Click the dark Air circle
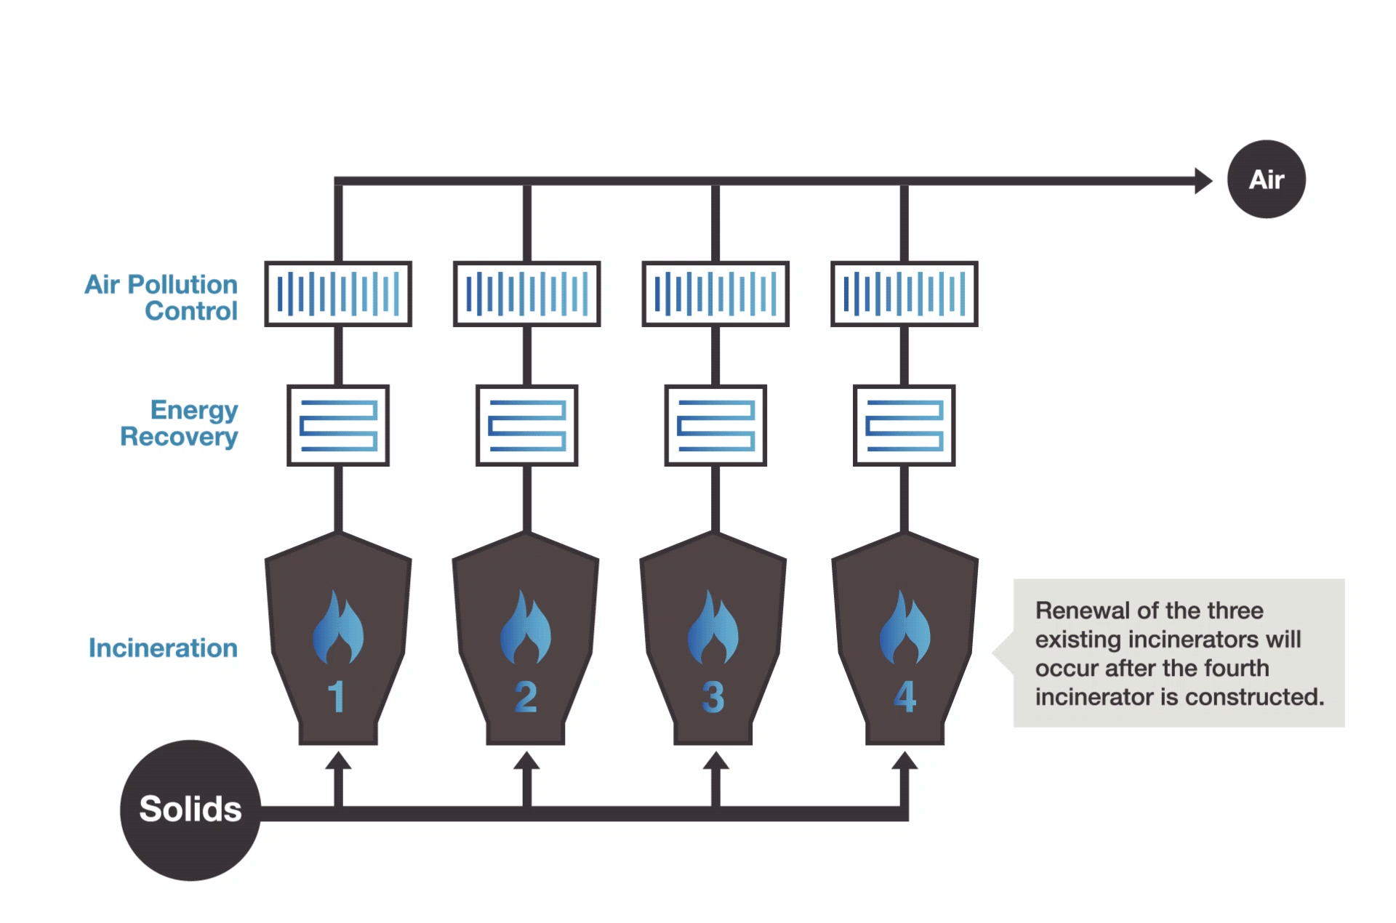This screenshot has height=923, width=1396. (x=1266, y=180)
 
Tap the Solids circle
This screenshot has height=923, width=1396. (x=190, y=810)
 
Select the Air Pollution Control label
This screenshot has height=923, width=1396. (x=161, y=297)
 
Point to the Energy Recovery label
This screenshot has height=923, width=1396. (x=180, y=423)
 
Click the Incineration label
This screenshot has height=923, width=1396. (x=163, y=648)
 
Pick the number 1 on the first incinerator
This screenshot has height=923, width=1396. (x=336, y=697)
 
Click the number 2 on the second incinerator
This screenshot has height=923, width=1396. (x=526, y=697)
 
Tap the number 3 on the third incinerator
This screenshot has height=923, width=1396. (x=713, y=697)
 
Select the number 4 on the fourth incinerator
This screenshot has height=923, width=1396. (x=904, y=696)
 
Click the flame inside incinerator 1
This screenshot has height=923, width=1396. (x=338, y=629)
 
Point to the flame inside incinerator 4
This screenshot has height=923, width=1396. (x=904, y=629)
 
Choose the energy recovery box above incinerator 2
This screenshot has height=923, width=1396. (x=527, y=425)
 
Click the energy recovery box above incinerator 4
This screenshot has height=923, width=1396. (x=904, y=425)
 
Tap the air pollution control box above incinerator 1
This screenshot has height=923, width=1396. (x=338, y=294)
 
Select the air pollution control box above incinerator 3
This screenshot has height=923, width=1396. (x=715, y=294)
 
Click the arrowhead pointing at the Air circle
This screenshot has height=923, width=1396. (x=1203, y=180)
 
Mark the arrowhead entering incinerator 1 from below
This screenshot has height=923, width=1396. (x=338, y=761)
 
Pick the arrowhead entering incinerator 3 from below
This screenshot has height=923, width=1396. (x=715, y=761)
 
